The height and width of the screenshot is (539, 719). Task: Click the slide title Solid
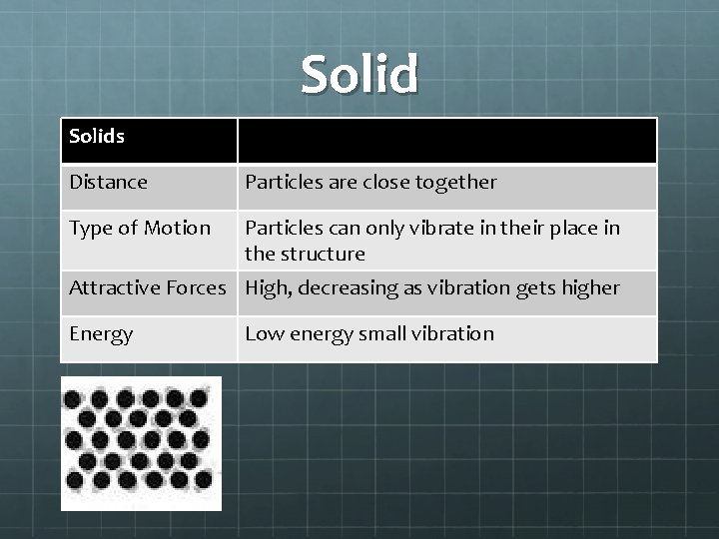click(359, 76)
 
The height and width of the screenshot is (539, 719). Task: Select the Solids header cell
click(97, 136)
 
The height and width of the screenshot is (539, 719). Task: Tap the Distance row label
click(108, 182)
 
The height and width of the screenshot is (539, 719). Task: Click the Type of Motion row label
click(140, 228)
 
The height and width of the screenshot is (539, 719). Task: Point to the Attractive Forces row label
click(147, 287)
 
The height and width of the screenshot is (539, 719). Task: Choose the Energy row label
click(101, 333)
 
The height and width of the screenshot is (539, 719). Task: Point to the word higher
click(589, 287)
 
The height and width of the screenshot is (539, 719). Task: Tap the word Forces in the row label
click(196, 287)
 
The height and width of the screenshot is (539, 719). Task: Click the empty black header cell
click(446, 141)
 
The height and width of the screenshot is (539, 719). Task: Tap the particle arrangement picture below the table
click(141, 442)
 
